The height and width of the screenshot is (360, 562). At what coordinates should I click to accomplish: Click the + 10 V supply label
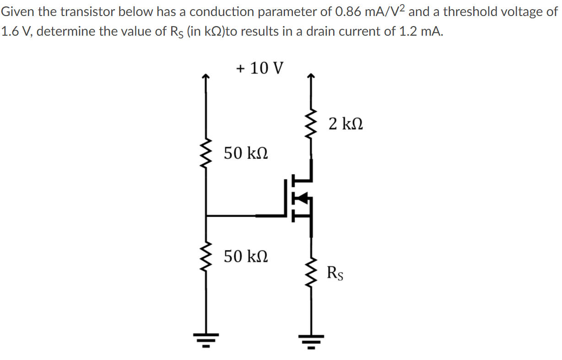coord(260,69)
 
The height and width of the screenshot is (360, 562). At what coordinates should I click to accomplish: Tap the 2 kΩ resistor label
coord(346,124)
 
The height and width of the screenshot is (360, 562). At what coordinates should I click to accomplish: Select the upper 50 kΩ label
coord(246,153)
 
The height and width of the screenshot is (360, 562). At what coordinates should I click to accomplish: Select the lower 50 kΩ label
coord(246,256)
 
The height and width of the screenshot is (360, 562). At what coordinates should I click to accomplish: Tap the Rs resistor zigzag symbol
coord(311,274)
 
